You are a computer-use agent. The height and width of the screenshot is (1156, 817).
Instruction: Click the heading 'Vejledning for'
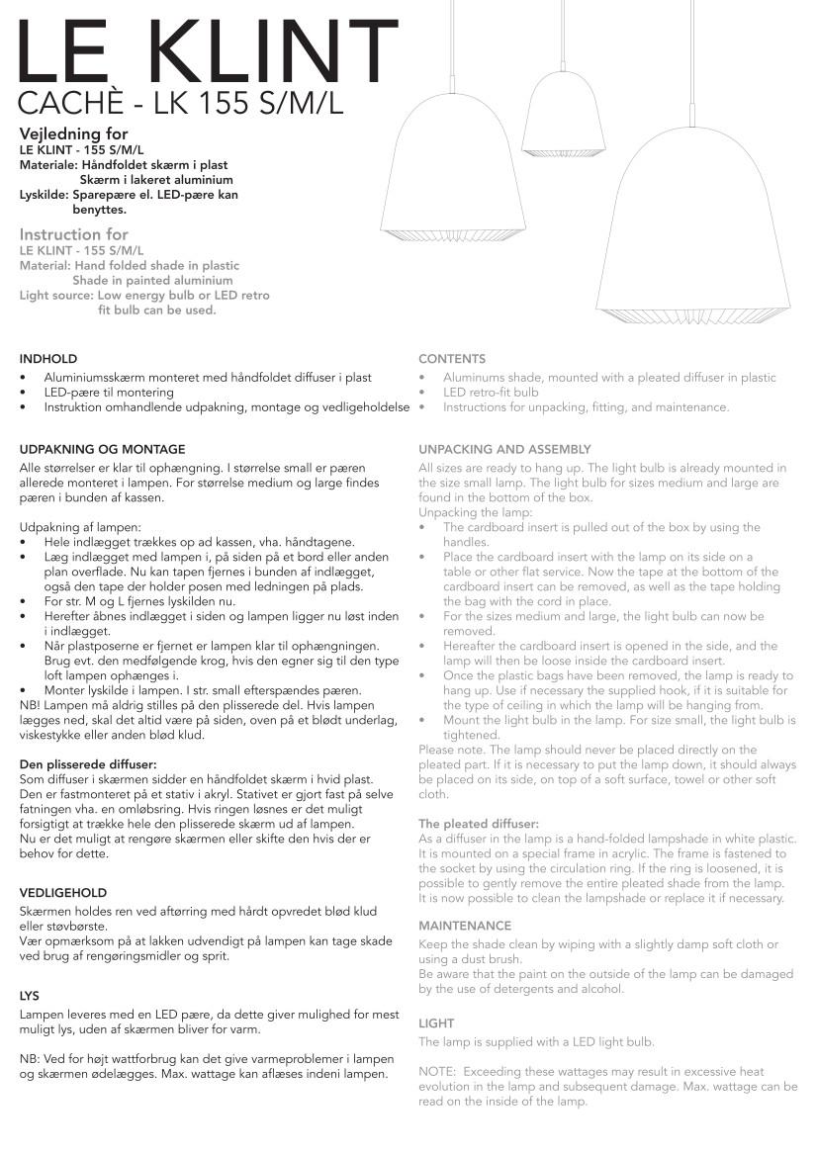[x=74, y=133]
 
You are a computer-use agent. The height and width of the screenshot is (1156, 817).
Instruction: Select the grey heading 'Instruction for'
[x=74, y=234]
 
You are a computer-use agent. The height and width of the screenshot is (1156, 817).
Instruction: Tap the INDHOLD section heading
[x=47, y=358]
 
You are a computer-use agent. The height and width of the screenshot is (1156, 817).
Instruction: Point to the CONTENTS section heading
[x=452, y=359]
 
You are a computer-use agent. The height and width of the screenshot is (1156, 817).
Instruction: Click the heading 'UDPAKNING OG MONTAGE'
[x=102, y=449]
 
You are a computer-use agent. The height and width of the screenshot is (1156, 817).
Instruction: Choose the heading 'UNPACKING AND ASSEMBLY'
[x=504, y=449]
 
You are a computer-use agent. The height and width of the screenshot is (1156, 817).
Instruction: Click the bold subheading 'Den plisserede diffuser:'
[x=88, y=765]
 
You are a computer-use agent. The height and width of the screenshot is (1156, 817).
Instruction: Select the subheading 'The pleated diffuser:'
[x=479, y=823]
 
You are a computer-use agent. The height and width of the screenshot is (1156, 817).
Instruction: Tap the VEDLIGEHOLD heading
[x=63, y=893]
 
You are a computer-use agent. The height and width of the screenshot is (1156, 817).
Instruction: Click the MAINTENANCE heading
[x=465, y=926]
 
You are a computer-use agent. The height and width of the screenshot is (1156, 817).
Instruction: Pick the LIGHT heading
[x=436, y=1023]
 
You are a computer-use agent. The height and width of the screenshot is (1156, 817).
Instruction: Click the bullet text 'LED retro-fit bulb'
[x=491, y=393]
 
